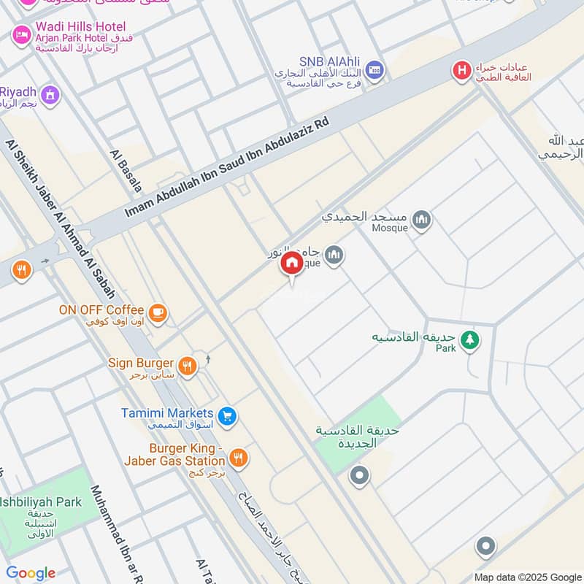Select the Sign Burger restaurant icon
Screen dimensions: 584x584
(188, 366)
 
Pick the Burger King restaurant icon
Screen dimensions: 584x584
(238, 458)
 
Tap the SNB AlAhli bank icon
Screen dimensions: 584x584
(374, 69)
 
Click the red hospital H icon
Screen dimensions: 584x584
(461, 71)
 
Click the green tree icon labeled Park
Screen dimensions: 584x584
(471, 339)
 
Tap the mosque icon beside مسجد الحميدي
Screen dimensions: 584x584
(421, 220)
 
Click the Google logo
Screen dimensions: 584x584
(31, 573)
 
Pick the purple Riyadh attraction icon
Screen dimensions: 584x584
(50, 94)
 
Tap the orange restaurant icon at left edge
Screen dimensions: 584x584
(22, 272)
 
